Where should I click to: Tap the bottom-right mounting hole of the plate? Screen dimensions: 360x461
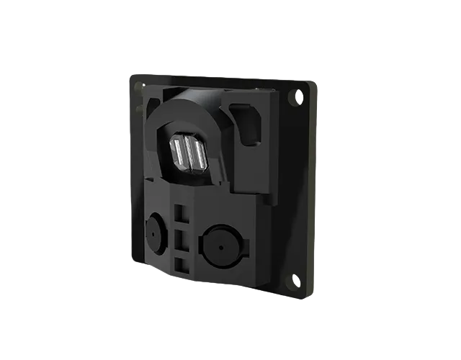pyautogui.click(x=292, y=279)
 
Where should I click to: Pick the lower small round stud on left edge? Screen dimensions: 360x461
pyautogui.click(x=137, y=109)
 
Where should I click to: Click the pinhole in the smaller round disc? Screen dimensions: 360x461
pyautogui.click(x=154, y=231)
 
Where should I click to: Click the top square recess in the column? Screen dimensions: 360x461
pyautogui.click(x=181, y=214)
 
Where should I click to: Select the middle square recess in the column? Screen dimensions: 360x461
pyautogui.click(x=181, y=239)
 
